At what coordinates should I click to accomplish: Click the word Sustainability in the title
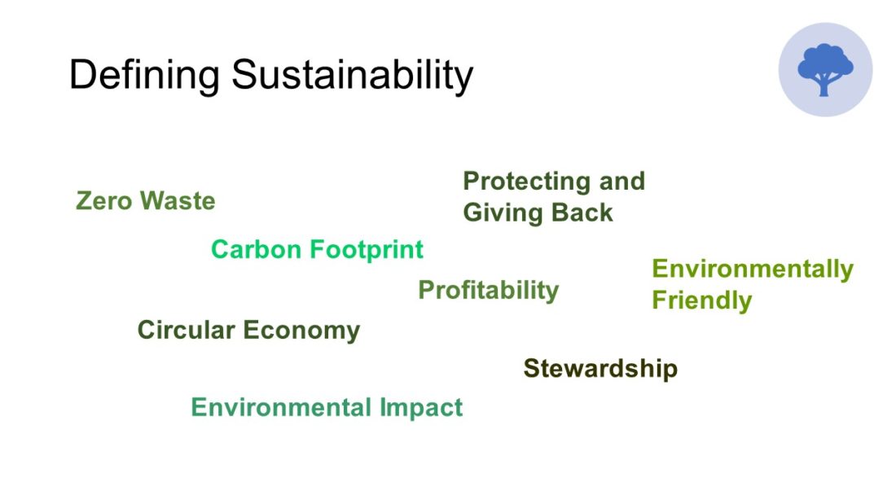[353, 76]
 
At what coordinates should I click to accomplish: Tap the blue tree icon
[825, 70]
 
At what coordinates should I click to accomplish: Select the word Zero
[103, 200]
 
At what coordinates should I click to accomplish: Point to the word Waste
[178, 200]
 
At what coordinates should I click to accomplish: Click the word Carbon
[256, 249]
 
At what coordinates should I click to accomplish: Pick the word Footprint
[366, 250]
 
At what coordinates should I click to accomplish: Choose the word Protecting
[526, 182]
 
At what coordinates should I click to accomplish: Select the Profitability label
[489, 291]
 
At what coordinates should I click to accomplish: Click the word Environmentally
[753, 270]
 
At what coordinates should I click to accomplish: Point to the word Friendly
[701, 300]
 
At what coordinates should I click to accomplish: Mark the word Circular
[187, 330]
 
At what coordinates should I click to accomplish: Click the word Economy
[301, 331]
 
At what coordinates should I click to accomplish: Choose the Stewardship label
[600, 369]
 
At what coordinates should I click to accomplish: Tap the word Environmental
[281, 407]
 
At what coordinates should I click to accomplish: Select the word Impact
[421, 408]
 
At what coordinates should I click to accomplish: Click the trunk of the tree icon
[824, 85]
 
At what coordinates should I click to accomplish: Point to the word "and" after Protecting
[622, 181]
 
